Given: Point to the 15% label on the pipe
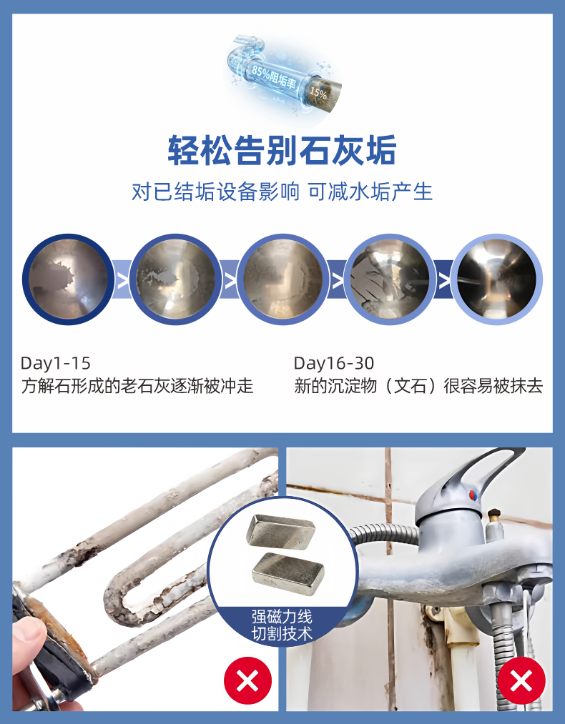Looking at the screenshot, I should [x=318, y=94].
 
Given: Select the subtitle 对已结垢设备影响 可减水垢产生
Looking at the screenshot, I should [x=282, y=192].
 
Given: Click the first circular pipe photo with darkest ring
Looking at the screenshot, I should [x=67, y=279].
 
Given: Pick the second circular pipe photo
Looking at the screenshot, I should [x=175, y=279].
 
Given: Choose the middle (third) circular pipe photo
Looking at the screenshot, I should [x=282, y=279].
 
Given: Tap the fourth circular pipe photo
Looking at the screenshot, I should [x=390, y=279].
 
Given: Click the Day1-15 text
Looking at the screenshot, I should [x=56, y=363].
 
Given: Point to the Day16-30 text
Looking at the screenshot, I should [x=334, y=363].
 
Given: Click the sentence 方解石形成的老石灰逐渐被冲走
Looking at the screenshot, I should [x=137, y=387].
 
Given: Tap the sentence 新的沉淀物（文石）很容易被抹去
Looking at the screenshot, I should [x=418, y=387].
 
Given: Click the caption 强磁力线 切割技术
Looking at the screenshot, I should [x=282, y=625].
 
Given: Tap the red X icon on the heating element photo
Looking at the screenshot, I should [x=247, y=680].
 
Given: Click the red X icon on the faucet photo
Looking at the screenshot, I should [x=521, y=680].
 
